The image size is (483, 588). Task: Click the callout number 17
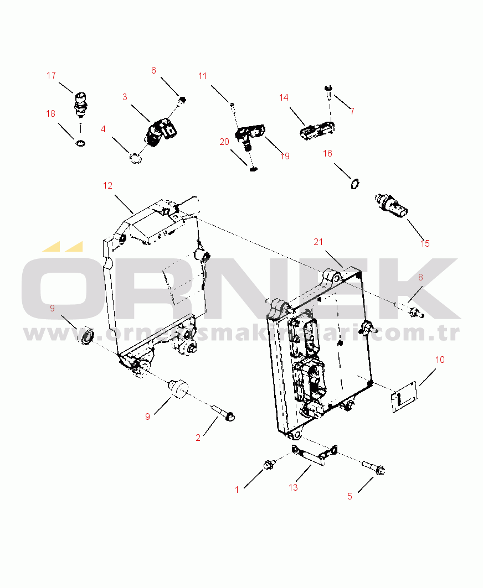(51, 75)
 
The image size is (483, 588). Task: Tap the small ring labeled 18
(81, 144)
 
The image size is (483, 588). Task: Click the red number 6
(154, 70)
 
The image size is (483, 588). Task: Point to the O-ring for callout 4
(135, 159)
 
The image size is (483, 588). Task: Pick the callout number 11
(202, 76)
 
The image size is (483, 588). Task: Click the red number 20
(224, 142)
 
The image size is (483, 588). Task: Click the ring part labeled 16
(354, 183)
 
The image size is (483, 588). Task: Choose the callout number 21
(318, 242)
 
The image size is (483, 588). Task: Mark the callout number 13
(293, 487)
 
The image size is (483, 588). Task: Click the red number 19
(285, 157)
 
